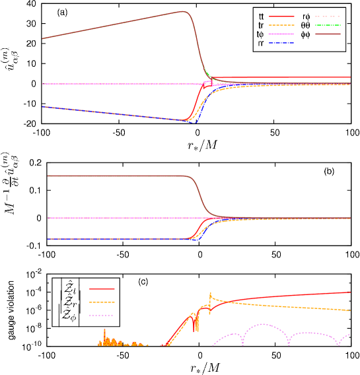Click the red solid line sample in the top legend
pos(281,16)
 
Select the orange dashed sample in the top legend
pos(281,25)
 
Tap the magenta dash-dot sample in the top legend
pos(281,34)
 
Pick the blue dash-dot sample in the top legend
pos(281,43)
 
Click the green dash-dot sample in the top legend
pos(328,25)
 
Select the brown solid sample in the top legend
pos(328,34)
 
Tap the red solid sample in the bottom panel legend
pos(102,289)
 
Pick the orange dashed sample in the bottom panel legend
pos(102,302)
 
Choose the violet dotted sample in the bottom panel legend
pos(102,315)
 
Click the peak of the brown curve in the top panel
pos(183,11)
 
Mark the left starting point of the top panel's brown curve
pos(43,38)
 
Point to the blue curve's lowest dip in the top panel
pos(195,122)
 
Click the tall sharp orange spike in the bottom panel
pos(210,292)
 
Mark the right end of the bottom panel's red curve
pos(350,292)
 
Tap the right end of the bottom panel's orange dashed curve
pos(350,310)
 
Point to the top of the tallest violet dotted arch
pos(264,324)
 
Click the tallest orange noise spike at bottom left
pos(104,328)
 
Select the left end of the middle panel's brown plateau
pos(48,176)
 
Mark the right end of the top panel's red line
pos(350,77)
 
